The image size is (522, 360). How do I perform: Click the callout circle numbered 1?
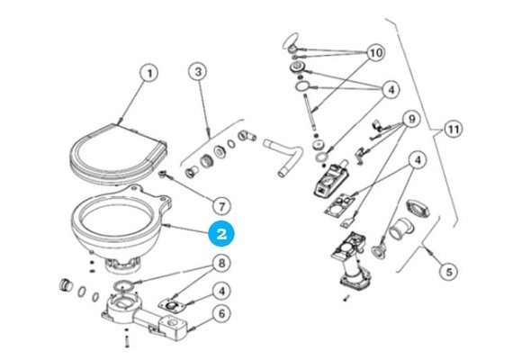(x=149, y=71)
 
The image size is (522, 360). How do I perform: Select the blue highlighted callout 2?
(x=222, y=232)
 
